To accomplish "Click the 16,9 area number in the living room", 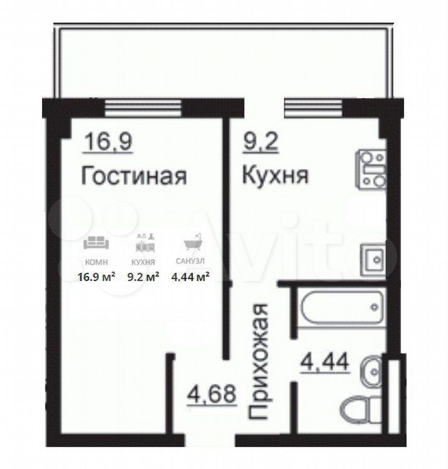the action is point(109,142).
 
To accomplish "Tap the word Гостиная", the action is point(134,176).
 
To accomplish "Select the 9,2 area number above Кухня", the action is point(260,142).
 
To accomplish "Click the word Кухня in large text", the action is point(275,175).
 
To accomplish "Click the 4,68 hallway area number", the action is point(212,394).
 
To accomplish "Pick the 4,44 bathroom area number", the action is point(325,362).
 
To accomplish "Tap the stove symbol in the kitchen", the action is point(371,169).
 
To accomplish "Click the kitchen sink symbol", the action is point(373,260).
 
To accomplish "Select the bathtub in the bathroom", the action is point(342,307).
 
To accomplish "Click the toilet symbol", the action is point(361,409).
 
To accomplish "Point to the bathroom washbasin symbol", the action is point(372,372).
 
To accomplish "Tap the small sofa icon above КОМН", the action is point(96,243).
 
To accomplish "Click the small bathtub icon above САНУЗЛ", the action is point(192,242).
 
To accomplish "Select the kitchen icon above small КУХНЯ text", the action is point(145,243).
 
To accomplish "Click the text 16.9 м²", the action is point(96,277).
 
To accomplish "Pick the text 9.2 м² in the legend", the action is point(143,277).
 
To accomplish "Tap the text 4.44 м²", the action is point(190,277).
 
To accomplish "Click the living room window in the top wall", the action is point(143,108).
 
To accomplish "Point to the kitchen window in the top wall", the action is point(313,108).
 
